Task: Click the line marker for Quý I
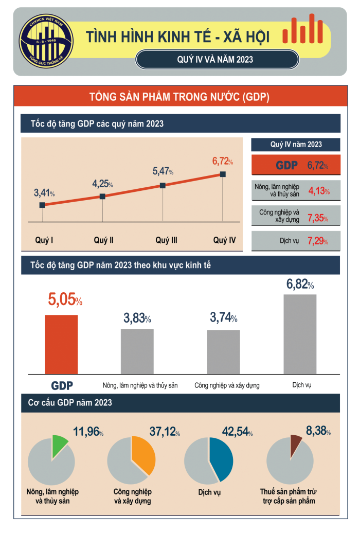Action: click(42, 205)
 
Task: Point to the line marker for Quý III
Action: click(163, 185)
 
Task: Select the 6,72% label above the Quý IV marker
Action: click(222, 162)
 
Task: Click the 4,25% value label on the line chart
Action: click(102, 184)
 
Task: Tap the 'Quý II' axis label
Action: click(103, 240)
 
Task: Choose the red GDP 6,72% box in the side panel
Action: click(296, 165)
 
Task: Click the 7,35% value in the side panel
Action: click(317, 218)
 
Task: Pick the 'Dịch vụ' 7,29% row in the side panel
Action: click(296, 241)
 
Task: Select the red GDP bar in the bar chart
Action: click(61, 344)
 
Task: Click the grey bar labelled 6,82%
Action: click(300, 334)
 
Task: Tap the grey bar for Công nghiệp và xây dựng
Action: click(223, 351)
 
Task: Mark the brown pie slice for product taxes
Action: click(295, 441)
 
